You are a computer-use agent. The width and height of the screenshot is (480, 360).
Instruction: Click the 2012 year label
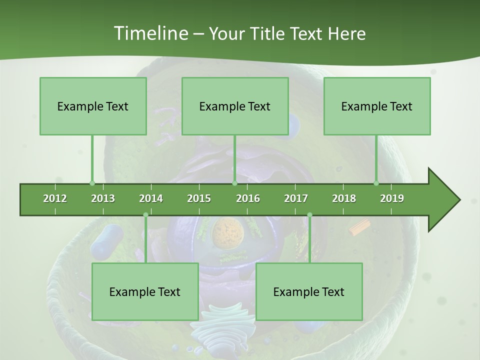(55, 198)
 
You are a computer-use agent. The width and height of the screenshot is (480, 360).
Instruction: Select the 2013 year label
(103, 198)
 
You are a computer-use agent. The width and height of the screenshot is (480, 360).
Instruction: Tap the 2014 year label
(151, 198)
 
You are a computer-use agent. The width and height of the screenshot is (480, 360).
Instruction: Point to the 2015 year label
(199, 198)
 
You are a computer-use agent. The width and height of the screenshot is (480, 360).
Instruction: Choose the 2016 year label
(248, 198)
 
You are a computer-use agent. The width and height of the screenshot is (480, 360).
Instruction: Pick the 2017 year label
(296, 198)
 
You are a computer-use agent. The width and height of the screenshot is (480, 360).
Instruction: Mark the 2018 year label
(344, 198)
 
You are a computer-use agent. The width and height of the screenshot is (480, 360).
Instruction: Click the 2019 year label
(392, 198)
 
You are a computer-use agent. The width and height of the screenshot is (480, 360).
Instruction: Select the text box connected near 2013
(93, 106)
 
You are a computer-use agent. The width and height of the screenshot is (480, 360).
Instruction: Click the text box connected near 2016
(235, 106)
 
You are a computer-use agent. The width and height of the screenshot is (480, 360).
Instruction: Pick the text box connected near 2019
(377, 106)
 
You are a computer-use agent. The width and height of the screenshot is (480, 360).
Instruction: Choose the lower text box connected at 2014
(145, 291)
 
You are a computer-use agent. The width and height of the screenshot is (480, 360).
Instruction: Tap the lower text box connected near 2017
(309, 291)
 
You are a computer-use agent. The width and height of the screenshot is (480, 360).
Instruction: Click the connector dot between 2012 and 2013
(92, 183)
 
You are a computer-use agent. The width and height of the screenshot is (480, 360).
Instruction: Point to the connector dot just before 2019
(376, 183)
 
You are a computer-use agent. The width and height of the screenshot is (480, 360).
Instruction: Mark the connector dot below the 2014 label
(145, 215)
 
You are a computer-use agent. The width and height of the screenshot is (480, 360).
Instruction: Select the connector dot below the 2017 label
(309, 215)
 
